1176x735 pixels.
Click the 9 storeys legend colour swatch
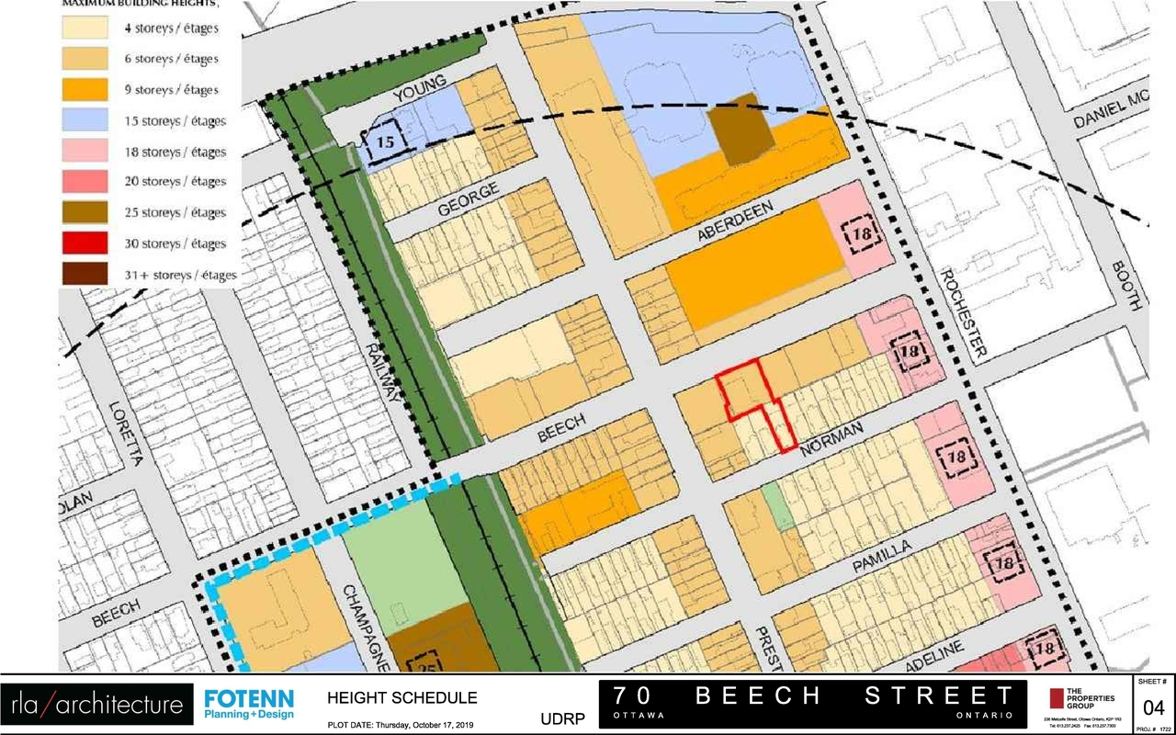(x=85, y=90)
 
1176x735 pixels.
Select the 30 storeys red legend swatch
(x=85, y=243)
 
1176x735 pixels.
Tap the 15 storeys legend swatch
(x=85, y=120)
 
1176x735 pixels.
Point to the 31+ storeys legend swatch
(x=85, y=275)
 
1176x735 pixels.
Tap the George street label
(x=469, y=199)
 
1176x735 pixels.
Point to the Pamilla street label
(x=881, y=556)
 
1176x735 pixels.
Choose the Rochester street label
(x=962, y=312)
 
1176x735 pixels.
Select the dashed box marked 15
(x=384, y=141)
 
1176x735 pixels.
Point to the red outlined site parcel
(x=744, y=386)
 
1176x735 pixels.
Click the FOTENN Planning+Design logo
(x=249, y=705)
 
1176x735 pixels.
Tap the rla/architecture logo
(x=96, y=705)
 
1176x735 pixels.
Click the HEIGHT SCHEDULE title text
(x=402, y=698)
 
